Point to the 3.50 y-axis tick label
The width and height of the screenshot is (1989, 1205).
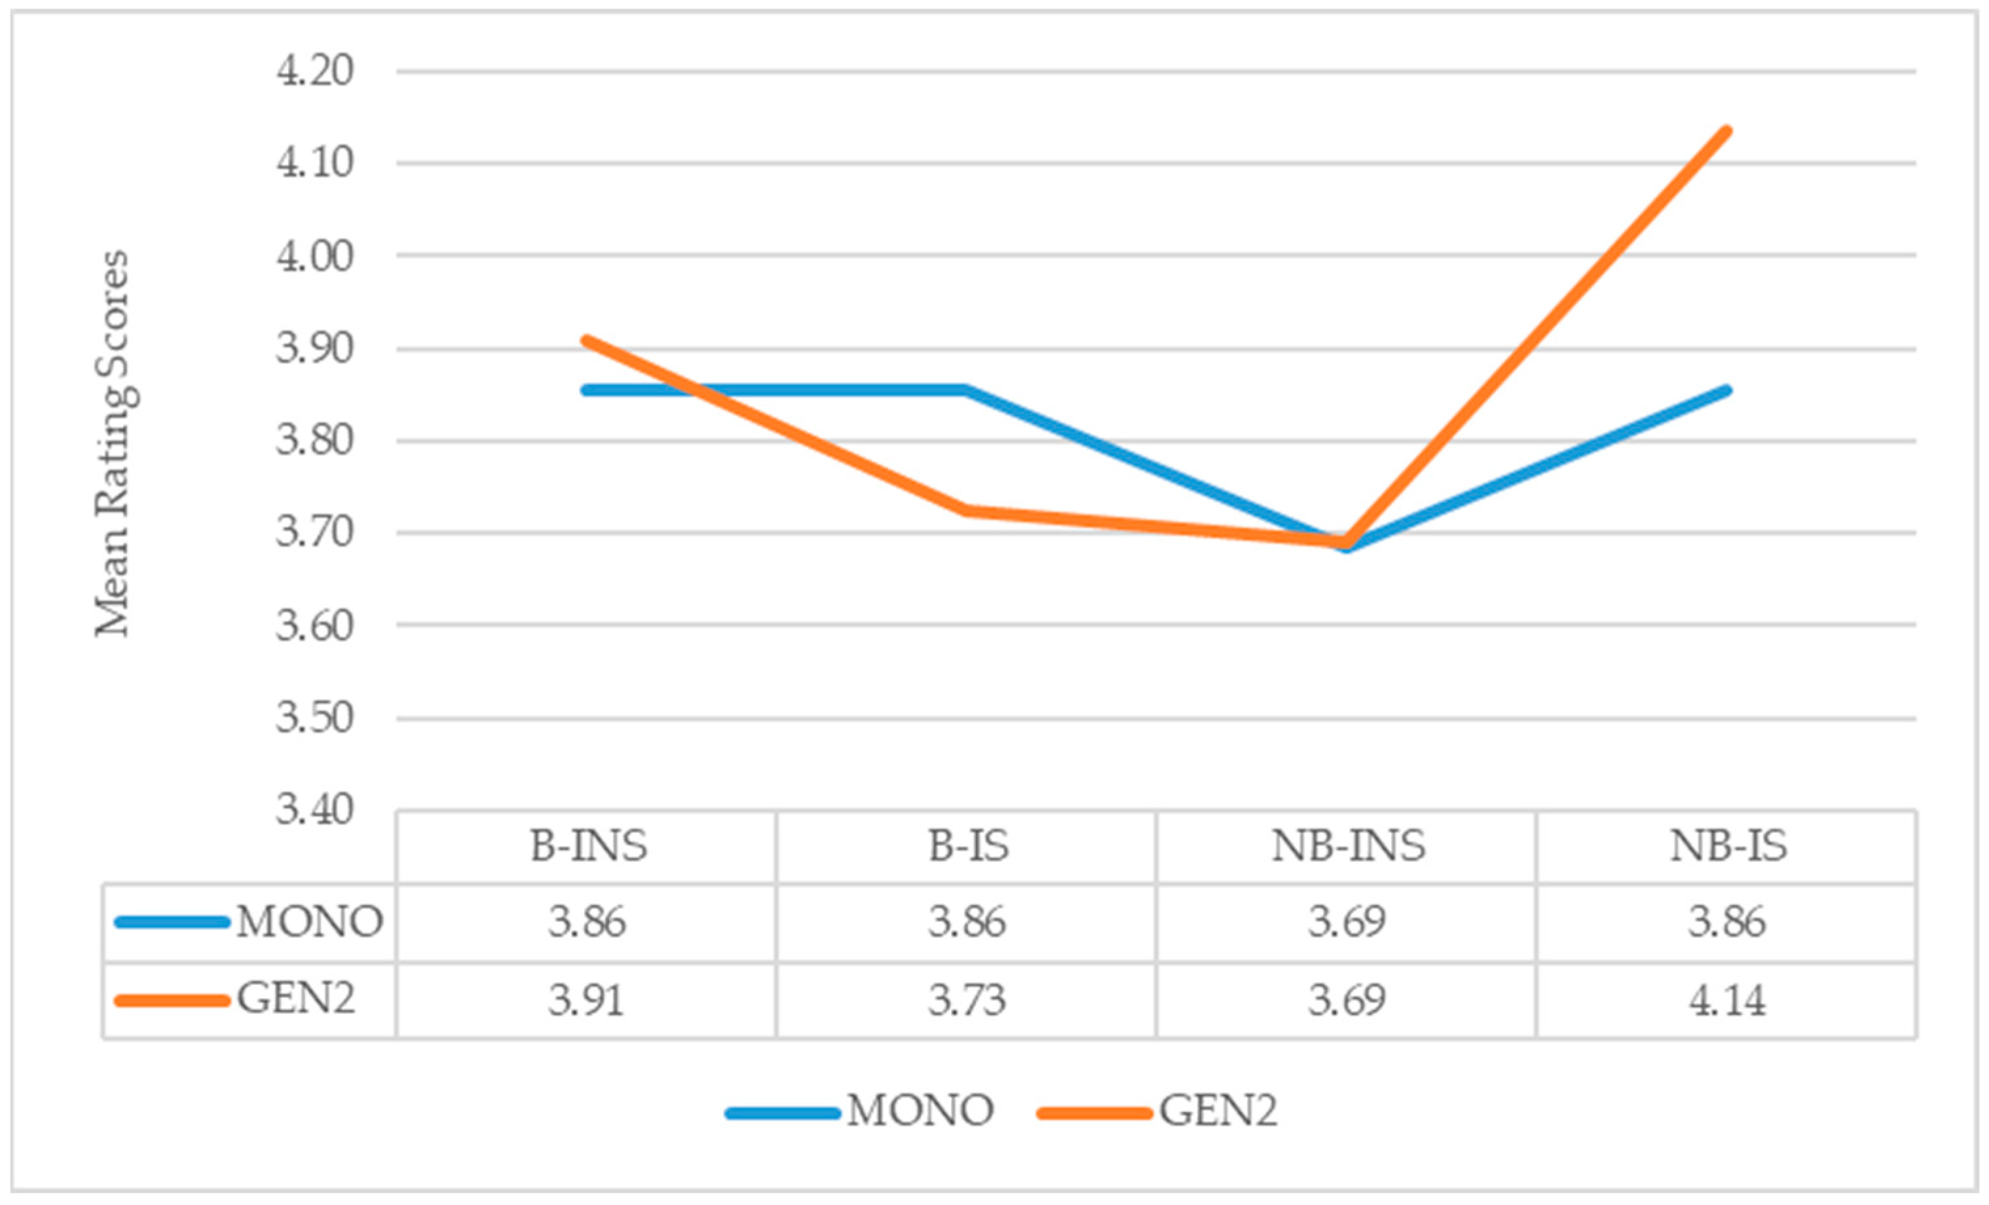pos(315,718)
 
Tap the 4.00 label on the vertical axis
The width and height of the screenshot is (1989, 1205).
pos(315,256)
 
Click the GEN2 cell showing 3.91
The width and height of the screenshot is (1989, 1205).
pos(587,1000)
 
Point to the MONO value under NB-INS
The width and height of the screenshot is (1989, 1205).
pos(1347,921)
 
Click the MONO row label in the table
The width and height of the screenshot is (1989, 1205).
pos(309,921)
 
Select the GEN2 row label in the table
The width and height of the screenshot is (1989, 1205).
pos(295,1000)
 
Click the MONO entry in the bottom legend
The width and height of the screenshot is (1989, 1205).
pos(920,1111)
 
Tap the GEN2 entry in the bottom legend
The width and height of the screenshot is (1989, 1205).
pos(1219,1111)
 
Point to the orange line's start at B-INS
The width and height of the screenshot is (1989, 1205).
pos(587,340)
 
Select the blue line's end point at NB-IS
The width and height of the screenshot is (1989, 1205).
pos(1726,390)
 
